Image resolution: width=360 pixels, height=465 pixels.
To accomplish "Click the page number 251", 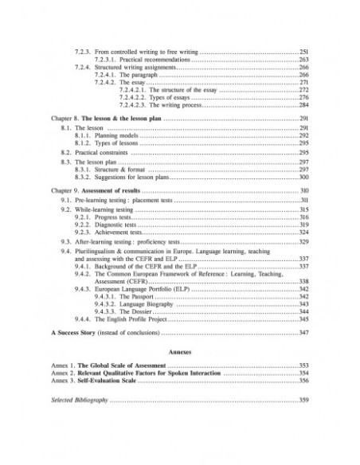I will tap(303, 51).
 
